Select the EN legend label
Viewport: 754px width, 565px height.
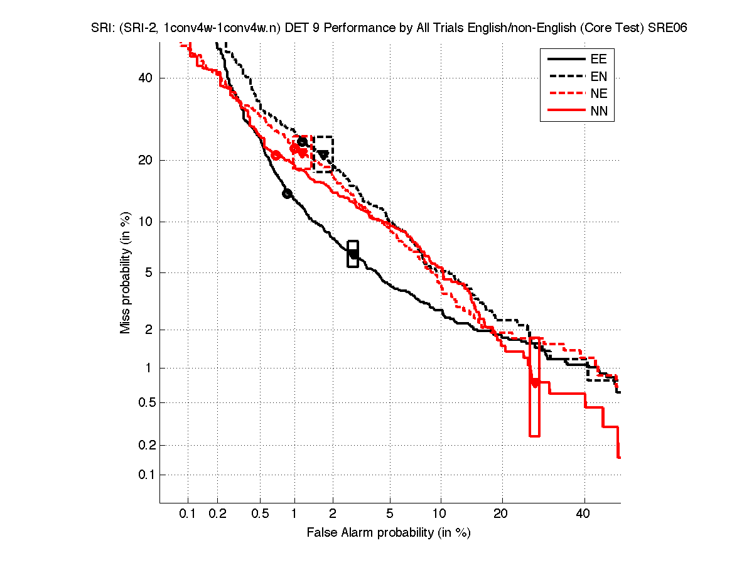point(598,77)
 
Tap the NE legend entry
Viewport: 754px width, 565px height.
point(598,94)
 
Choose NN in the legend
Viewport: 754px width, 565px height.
point(598,112)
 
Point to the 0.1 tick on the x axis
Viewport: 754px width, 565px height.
point(188,514)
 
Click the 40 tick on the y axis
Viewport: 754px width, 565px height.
point(146,78)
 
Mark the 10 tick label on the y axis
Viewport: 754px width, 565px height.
point(146,222)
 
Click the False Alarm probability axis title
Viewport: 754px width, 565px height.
point(389,533)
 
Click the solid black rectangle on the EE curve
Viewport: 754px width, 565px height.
point(353,254)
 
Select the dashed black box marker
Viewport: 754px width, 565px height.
point(323,154)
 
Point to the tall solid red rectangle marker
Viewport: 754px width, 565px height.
point(534,386)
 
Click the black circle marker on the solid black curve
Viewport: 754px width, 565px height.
point(287,193)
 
